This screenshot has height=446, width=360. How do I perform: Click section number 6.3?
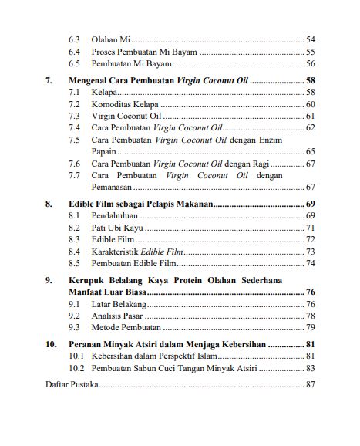75,39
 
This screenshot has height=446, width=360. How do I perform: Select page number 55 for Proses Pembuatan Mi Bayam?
310,52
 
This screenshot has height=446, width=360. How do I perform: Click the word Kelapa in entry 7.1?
104,92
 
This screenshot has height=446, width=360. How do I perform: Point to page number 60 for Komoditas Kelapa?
310,104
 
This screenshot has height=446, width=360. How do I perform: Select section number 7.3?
75,116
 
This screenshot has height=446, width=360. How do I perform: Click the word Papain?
105,152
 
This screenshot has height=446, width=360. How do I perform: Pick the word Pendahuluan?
116,216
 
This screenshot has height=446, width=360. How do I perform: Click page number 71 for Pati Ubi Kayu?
310,228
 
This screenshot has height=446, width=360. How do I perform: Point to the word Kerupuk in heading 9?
86,281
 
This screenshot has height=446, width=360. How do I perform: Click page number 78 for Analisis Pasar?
310,316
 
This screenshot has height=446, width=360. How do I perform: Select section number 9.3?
75,328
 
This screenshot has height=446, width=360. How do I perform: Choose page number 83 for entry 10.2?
310,369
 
